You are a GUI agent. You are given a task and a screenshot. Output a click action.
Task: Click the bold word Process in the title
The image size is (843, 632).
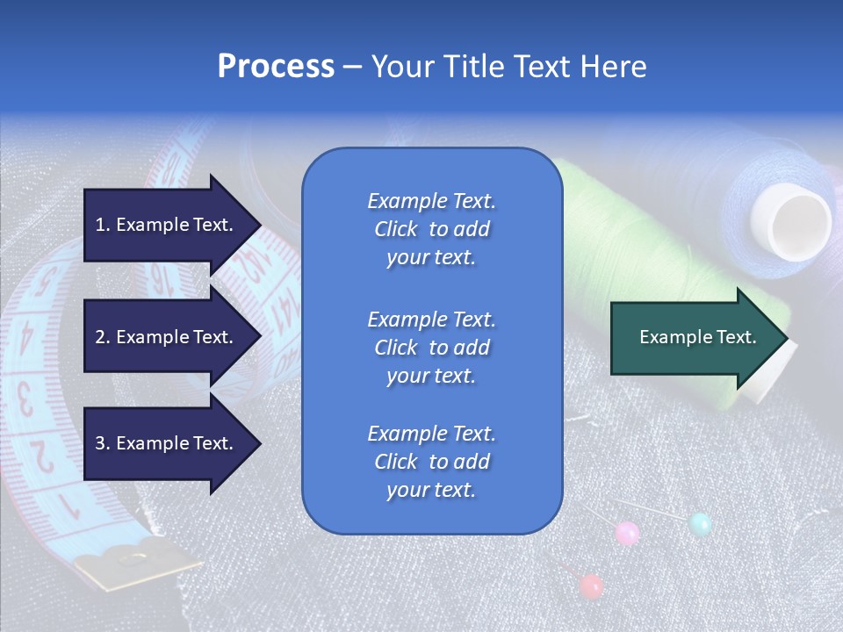coord(276,67)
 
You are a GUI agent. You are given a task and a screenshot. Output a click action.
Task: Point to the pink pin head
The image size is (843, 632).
coord(627,533)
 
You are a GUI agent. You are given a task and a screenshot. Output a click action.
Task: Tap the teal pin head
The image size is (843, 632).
coord(700,525)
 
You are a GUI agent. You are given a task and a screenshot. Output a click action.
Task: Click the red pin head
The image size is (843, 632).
coord(592,585)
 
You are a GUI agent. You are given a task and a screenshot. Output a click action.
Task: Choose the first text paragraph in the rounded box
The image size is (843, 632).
coord(431,229)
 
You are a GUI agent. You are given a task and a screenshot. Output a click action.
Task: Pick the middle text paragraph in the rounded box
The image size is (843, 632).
coord(431,348)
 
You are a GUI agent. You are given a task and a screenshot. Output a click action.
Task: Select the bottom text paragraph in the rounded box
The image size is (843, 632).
coord(431,462)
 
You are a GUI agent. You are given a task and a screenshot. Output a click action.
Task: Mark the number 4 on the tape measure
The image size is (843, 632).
coord(26,336)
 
